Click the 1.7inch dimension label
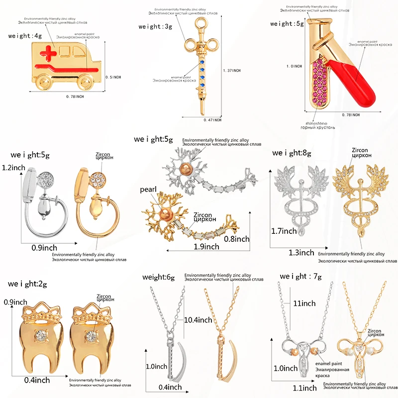[285, 231]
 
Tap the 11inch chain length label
[304, 303]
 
